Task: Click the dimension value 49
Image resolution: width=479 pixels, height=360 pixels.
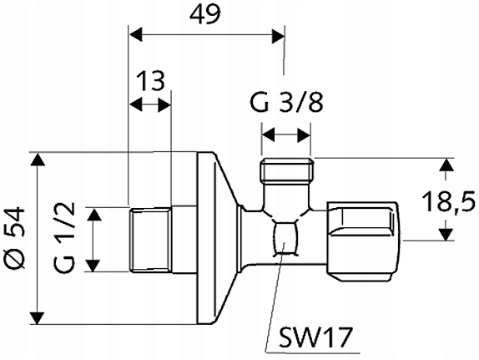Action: pyautogui.click(x=204, y=14)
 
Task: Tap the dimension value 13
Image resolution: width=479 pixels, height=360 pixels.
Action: pyautogui.click(x=150, y=80)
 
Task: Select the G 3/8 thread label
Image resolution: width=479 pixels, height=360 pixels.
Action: pyautogui.click(x=286, y=103)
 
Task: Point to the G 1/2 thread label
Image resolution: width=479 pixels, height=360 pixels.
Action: pyautogui.click(x=64, y=238)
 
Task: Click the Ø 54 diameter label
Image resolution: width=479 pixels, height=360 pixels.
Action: pyautogui.click(x=15, y=238)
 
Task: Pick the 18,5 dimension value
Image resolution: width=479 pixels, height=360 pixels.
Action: pyautogui.click(x=448, y=201)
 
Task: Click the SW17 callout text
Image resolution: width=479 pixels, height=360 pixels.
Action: pyautogui.click(x=316, y=337)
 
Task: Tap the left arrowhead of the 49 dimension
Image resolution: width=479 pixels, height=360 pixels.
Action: pyautogui.click(x=136, y=34)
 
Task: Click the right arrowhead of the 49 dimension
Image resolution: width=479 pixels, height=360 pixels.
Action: pyautogui.click(x=278, y=34)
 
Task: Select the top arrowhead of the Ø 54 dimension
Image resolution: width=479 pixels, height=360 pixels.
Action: pyautogui.click(x=38, y=160)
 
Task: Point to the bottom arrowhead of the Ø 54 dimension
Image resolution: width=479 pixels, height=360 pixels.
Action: pyautogui.click(x=38, y=317)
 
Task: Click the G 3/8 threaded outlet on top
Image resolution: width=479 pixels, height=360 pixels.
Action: pyautogui.click(x=286, y=170)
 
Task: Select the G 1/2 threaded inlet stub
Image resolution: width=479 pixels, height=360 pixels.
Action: pyautogui.click(x=150, y=240)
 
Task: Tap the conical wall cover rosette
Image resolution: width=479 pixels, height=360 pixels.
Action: pyautogui.click(x=217, y=238)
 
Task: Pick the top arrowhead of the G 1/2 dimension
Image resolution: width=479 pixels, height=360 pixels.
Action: pyautogui.click(x=93, y=214)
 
